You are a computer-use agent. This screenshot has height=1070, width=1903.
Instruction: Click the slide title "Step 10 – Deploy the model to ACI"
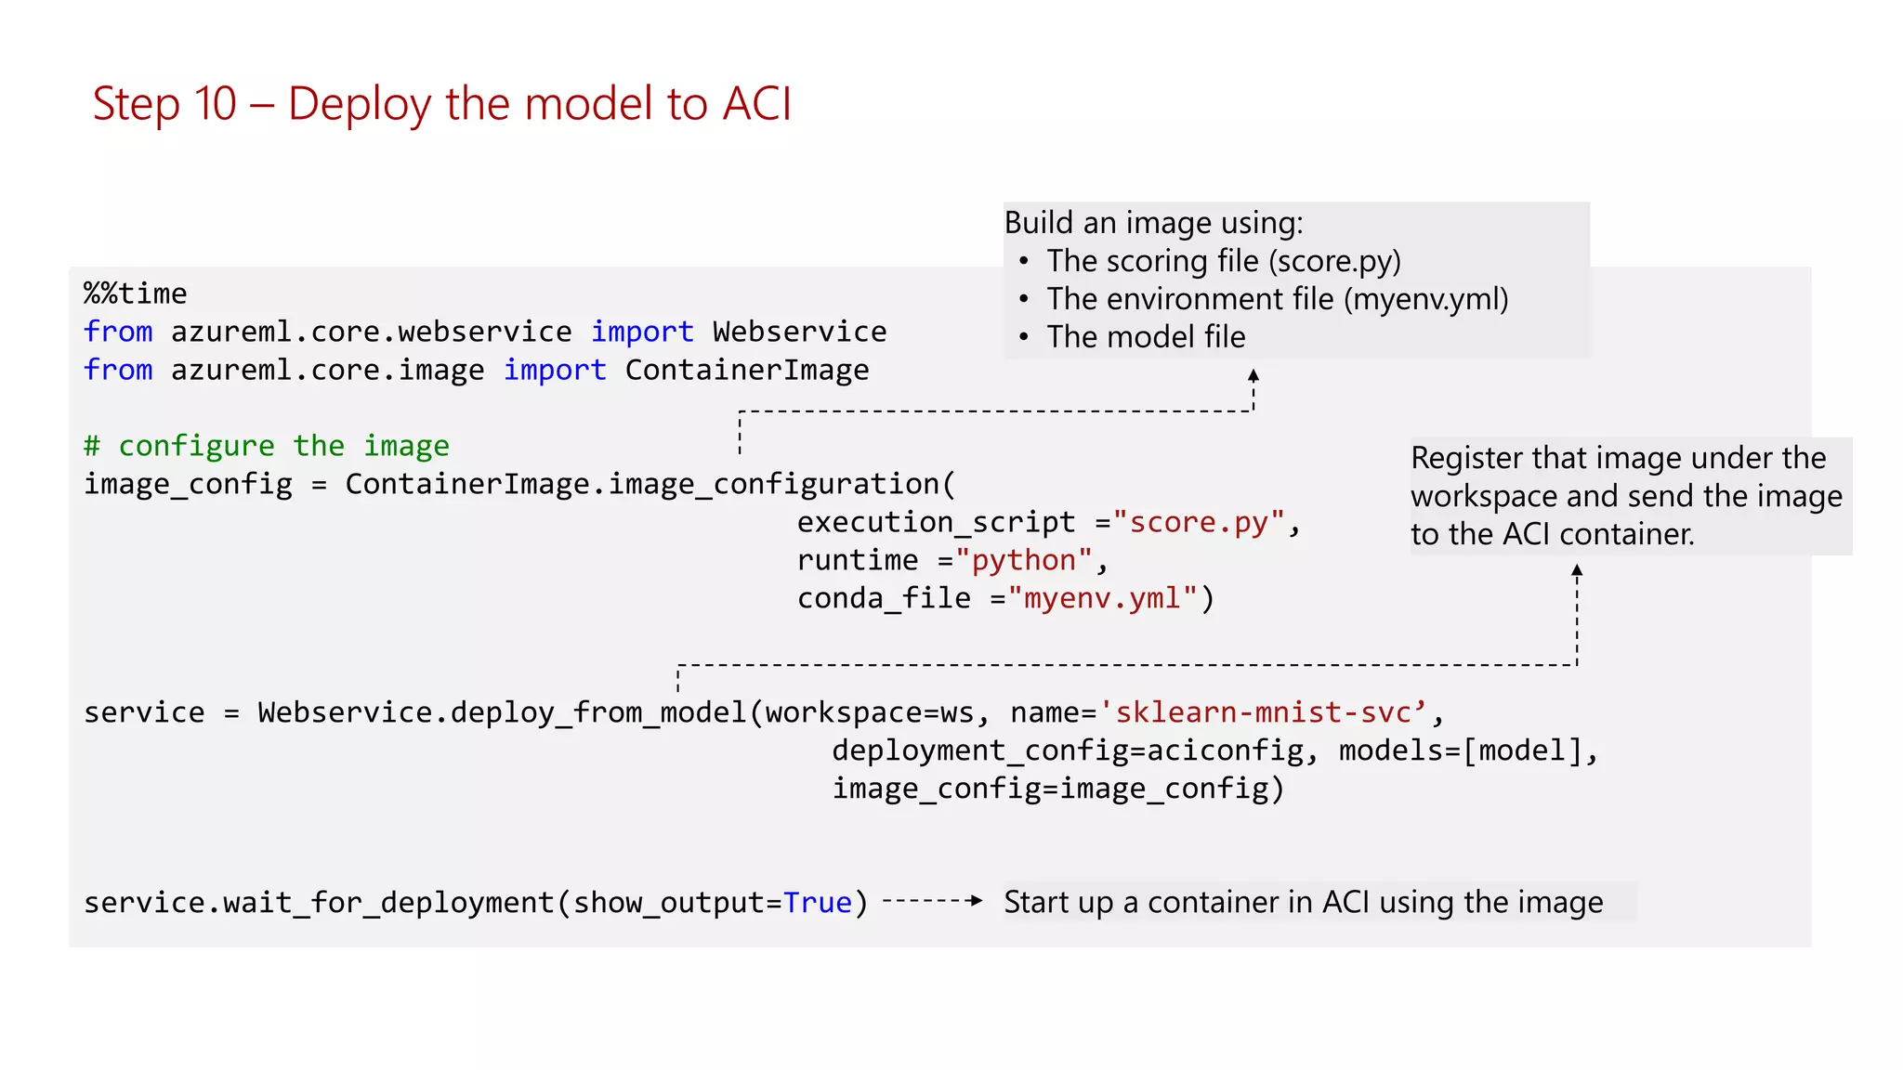[442, 104]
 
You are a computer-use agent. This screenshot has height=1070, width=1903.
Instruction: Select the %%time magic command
[136, 294]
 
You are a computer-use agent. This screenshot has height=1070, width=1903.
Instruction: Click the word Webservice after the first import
[799, 332]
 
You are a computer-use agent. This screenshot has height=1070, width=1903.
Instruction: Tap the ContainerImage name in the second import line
[746, 370]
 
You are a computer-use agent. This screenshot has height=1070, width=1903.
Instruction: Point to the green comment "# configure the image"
[267, 446]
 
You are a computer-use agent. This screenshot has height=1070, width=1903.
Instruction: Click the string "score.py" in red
[1200, 522]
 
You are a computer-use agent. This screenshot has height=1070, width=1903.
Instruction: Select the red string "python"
[1023, 560]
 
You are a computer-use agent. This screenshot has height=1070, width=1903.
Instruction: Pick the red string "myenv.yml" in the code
[1102, 598]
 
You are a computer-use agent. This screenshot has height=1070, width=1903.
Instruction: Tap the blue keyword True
[817, 903]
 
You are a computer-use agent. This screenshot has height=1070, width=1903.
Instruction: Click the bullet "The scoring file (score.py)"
[1223, 261]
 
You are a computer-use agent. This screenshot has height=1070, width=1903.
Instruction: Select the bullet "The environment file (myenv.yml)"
[1277, 299]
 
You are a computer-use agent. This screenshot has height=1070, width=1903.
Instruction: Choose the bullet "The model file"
[1146, 337]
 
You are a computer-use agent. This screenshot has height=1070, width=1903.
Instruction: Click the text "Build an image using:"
[1153, 223]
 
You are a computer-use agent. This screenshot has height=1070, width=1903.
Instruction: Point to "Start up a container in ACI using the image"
[1303, 903]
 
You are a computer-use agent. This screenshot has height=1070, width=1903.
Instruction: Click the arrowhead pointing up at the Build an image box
[1253, 375]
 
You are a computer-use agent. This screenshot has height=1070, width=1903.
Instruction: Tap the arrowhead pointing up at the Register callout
[1577, 570]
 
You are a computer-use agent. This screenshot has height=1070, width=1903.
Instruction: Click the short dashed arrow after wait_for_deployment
[932, 900]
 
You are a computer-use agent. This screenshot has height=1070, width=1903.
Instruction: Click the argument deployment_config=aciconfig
[1068, 750]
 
